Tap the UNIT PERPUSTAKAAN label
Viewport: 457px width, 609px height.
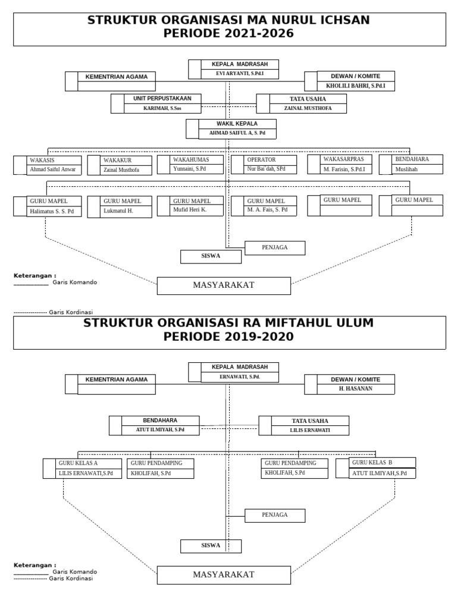click(x=162, y=98)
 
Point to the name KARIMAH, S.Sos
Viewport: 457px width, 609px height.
click(x=162, y=108)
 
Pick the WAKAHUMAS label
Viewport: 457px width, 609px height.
click(x=190, y=159)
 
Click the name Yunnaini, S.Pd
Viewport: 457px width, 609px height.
click(x=190, y=168)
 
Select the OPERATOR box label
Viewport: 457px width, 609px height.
click(x=261, y=159)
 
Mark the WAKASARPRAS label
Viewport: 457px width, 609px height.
click(x=343, y=159)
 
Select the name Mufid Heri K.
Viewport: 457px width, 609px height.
click(x=190, y=209)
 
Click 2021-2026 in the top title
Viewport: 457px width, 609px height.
click(x=256, y=33)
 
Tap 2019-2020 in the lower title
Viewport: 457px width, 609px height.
click(x=256, y=337)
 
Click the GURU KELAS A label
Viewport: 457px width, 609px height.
click(x=78, y=463)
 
